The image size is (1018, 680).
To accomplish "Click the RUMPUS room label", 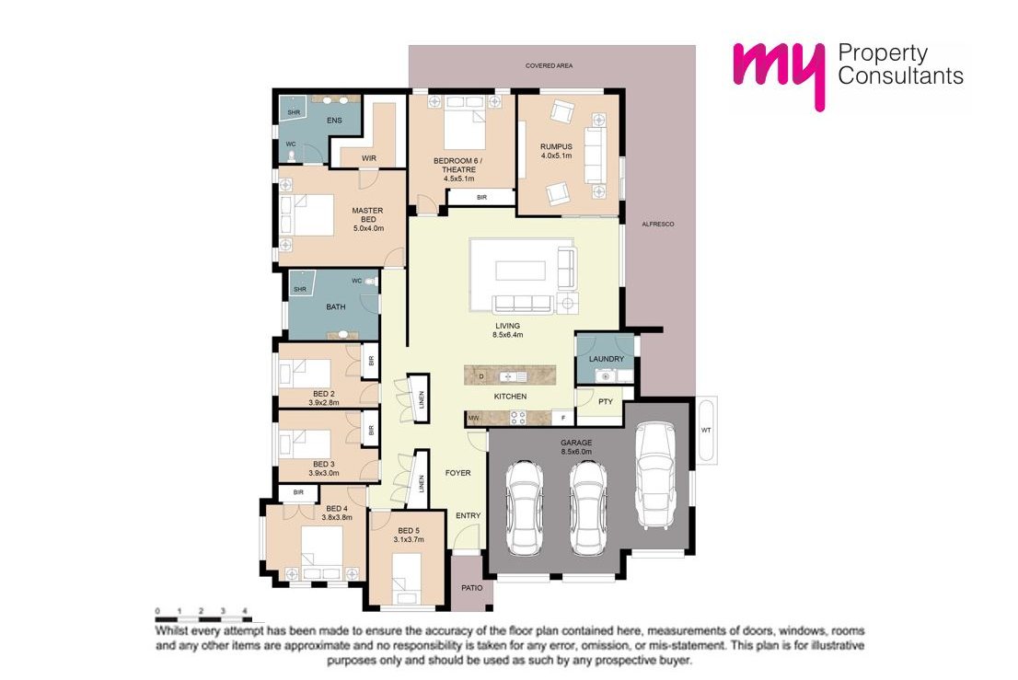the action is pos(556,146).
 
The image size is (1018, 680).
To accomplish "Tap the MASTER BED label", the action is pos(367,214).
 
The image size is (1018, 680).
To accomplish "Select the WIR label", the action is pos(369,158).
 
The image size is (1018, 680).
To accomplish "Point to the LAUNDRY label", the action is pos(607,359).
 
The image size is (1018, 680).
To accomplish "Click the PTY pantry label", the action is pos(605,401).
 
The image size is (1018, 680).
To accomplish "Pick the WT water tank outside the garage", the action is pos(707,431).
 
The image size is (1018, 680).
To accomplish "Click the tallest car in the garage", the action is pos(655,475).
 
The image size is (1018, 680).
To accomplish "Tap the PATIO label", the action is pos(472,588).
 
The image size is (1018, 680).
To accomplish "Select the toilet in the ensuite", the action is pos(292,156).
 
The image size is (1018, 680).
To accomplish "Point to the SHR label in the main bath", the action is pos(299,289).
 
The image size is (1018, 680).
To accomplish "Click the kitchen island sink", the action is pos(512,376).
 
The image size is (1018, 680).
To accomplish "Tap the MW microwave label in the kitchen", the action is pos(473,419).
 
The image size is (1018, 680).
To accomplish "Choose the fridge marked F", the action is pos(562,419).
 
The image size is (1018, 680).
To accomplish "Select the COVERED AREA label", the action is pos(549,65).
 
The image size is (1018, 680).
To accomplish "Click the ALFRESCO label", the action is pos(658,224).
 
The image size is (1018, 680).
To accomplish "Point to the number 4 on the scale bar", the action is pos(245,611).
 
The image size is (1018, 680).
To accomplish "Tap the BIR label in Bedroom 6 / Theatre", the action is pos(481,197).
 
